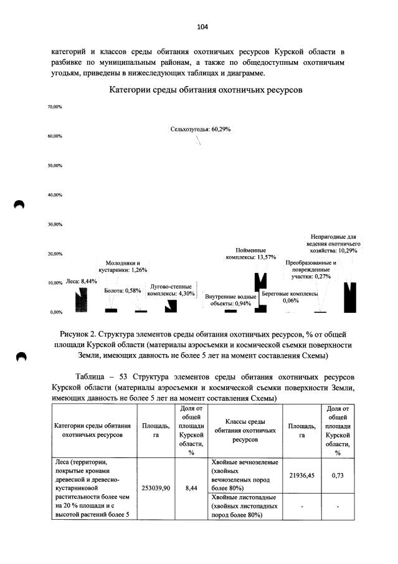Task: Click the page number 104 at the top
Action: pos(202,27)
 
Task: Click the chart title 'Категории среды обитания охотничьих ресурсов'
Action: pos(206,90)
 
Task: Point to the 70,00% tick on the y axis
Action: pos(54,107)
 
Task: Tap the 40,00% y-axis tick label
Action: pos(54,195)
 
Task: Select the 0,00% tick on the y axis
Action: pos(55,312)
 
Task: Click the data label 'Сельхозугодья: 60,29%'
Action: pos(201,129)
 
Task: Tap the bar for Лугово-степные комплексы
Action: pos(171,305)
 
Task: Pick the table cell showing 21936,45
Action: pos(301,476)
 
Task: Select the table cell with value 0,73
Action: pos(338,476)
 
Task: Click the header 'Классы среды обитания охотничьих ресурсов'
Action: pos(245,430)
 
